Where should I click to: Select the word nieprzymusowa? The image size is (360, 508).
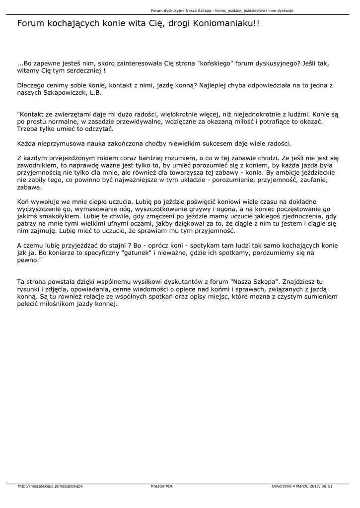coord(64,143)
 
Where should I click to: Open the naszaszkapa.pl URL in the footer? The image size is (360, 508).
coord(50,486)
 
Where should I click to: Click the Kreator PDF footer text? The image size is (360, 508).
coord(162,486)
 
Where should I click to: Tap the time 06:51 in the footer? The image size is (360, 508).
coord(327,486)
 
